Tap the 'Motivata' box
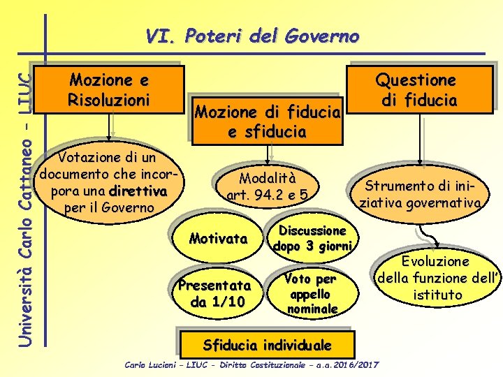218,239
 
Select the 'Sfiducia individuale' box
267,344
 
